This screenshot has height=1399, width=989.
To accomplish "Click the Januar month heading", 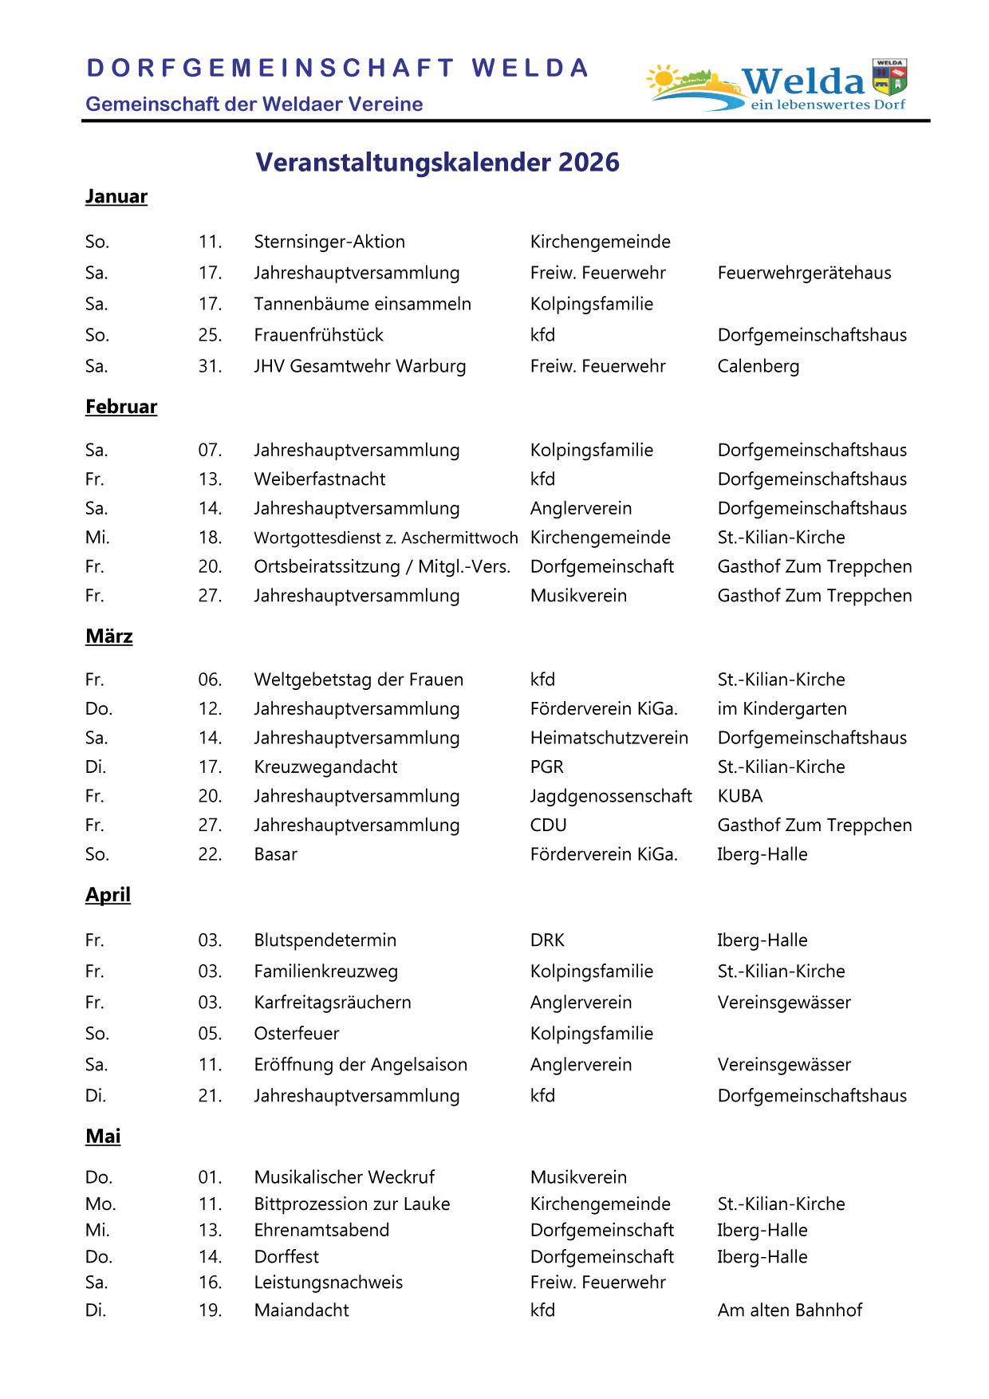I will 116,197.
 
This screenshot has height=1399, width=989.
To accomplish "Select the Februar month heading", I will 121,407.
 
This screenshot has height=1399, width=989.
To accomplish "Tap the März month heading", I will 109,636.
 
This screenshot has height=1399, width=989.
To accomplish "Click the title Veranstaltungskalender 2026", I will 437,163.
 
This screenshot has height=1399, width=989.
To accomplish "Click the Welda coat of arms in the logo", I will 889,77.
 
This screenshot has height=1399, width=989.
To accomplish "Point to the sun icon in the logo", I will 662,79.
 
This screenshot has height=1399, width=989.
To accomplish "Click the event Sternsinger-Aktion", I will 329,242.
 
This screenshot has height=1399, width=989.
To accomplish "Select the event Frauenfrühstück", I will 318,335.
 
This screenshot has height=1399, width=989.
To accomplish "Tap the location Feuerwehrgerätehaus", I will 804,273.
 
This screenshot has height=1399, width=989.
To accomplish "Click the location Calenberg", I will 758,366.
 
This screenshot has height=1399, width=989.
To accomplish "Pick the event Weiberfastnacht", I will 319,479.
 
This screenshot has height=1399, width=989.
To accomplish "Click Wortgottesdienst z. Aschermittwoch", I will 385,538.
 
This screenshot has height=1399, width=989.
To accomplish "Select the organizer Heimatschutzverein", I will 609,738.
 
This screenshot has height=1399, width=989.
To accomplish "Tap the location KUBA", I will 739,796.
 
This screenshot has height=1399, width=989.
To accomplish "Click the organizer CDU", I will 548,826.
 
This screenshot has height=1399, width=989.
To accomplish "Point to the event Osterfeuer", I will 296,1034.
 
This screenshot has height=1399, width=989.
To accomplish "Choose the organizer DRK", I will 547,940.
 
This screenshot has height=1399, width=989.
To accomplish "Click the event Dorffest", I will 286,1257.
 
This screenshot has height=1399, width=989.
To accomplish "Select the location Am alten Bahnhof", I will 790,1310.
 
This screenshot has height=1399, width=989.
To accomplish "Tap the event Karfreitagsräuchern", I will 333,1003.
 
